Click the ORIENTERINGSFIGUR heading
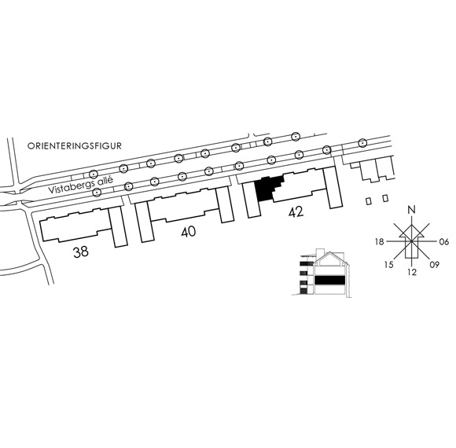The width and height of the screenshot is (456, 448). click(x=75, y=146)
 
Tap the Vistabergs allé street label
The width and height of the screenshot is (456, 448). click(x=80, y=185)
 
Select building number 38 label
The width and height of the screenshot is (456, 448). click(x=80, y=252)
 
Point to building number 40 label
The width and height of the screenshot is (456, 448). click(x=189, y=232)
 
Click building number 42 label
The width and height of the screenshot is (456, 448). click(x=296, y=211)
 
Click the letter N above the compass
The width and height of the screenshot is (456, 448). click(x=411, y=210)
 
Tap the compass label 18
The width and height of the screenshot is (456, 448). click(x=380, y=241)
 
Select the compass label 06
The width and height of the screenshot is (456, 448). click(x=443, y=241)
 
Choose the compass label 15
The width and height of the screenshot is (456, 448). click(x=389, y=265)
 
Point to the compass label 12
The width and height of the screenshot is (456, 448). click(x=412, y=272)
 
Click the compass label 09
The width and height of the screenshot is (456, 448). click(x=435, y=265)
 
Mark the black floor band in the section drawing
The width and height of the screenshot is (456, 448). click(x=329, y=280)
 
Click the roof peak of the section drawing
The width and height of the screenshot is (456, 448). click(x=329, y=252)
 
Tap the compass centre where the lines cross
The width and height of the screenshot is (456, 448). click(x=411, y=241)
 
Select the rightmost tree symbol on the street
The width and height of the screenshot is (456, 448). click(x=362, y=143)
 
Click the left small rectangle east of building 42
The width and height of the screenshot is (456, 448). click(x=369, y=201)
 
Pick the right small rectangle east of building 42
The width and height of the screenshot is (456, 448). click(x=385, y=198)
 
